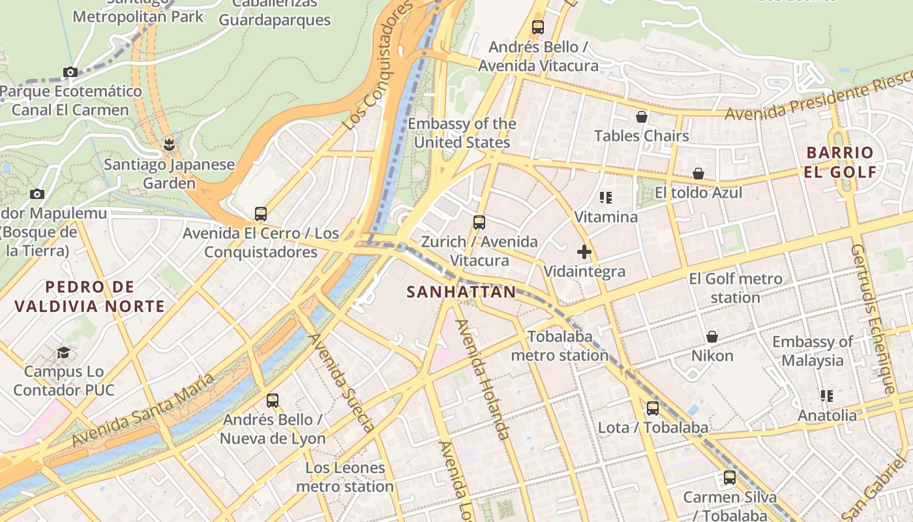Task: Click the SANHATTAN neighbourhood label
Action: pyautogui.click(x=461, y=292)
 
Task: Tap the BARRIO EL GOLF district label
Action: pyautogui.click(x=841, y=162)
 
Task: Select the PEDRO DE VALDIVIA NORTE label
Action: pyautogui.click(x=89, y=296)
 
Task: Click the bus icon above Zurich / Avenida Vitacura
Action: pyautogui.click(x=479, y=222)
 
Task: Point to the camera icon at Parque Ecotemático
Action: pyautogui.click(x=70, y=72)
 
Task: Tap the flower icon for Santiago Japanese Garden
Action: pyautogui.click(x=170, y=145)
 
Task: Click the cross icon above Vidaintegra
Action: pyautogui.click(x=584, y=252)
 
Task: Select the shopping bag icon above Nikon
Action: pyautogui.click(x=712, y=337)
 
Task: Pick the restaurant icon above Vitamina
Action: pyautogui.click(x=606, y=197)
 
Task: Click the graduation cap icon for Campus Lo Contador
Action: pyautogui.click(x=63, y=352)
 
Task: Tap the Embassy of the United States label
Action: pyautogui.click(x=462, y=133)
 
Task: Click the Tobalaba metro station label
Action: pyautogui.click(x=560, y=346)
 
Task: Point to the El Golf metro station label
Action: pyautogui.click(x=736, y=288)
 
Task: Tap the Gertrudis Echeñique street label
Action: pyautogui.click(x=873, y=319)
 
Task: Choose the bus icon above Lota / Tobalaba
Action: pyautogui.click(x=653, y=408)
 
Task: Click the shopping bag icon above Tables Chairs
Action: pyautogui.click(x=642, y=117)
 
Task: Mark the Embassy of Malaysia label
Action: pyautogui.click(x=813, y=351)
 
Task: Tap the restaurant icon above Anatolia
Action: pyautogui.click(x=827, y=396)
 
